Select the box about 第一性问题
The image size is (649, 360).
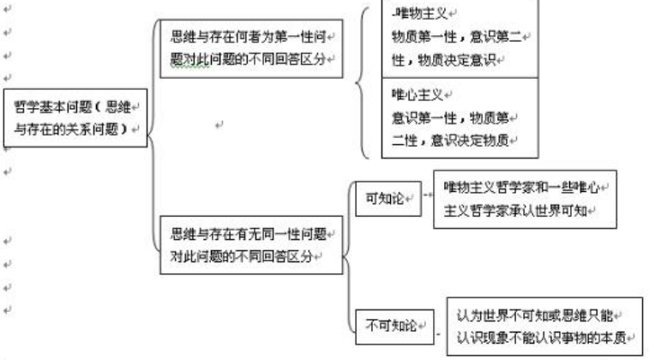coord(249,51)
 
